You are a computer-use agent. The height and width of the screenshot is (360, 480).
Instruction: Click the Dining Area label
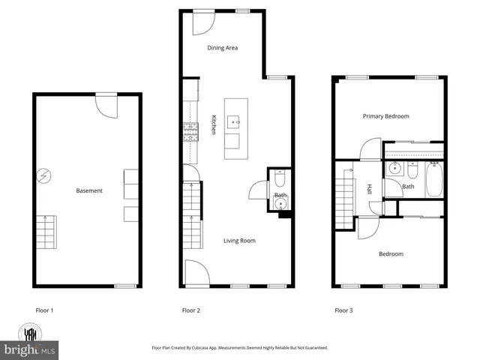click(222, 48)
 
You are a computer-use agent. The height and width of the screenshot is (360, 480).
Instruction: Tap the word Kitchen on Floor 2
click(214, 124)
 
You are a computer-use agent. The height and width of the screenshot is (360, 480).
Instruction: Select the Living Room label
click(240, 241)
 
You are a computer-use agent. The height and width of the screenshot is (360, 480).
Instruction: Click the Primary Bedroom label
click(386, 116)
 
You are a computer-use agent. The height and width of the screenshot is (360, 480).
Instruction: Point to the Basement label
click(89, 190)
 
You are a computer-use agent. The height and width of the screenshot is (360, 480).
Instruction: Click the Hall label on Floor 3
click(370, 190)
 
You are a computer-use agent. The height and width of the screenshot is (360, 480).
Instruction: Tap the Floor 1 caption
click(45, 310)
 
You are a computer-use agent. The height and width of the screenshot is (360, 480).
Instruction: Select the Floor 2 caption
click(191, 310)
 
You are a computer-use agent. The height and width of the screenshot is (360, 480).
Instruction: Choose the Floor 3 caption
click(343, 310)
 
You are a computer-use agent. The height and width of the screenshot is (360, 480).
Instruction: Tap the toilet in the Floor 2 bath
click(279, 180)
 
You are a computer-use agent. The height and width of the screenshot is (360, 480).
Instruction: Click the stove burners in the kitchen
click(190, 133)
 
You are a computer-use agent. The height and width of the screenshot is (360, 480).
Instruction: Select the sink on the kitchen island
click(233, 120)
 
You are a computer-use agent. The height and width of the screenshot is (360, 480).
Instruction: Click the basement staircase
click(46, 232)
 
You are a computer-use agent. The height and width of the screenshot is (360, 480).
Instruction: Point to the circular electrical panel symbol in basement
click(44, 176)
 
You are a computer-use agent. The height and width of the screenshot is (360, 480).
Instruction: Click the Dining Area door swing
click(201, 24)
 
